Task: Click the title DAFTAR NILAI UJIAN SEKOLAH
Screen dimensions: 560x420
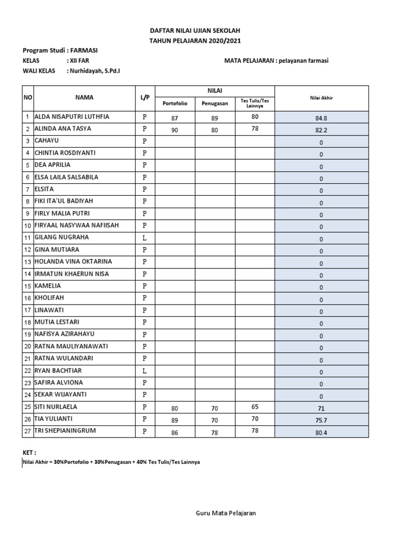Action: click(x=195, y=31)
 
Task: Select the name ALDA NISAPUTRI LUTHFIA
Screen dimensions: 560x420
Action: click(x=72, y=116)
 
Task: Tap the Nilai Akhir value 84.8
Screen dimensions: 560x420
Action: click(x=321, y=118)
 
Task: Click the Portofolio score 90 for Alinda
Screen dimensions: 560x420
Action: click(x=175, y=130)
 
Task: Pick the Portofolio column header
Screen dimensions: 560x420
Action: click(x=175, y=103)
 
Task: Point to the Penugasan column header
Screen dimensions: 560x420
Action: click(x=215, y=103)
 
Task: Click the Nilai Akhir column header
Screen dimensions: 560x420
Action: click(x=321, y=98)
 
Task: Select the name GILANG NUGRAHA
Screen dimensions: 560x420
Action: click(x=61, y=237)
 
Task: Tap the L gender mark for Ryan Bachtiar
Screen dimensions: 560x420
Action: click(x=145, y=371)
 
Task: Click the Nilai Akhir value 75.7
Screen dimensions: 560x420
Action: click(x=321, y=421)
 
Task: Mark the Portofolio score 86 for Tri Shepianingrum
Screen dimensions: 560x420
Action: click(x=175, y=433)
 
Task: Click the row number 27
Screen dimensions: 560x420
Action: click(x=27, y=431)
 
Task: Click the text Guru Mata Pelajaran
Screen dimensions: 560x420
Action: click(x=226, y=513)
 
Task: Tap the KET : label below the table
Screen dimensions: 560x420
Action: click(x=29, y=453)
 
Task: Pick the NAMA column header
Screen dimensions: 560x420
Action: click(x=84, y=97)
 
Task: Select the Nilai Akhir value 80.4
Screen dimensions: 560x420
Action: click(x=321, y=433)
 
